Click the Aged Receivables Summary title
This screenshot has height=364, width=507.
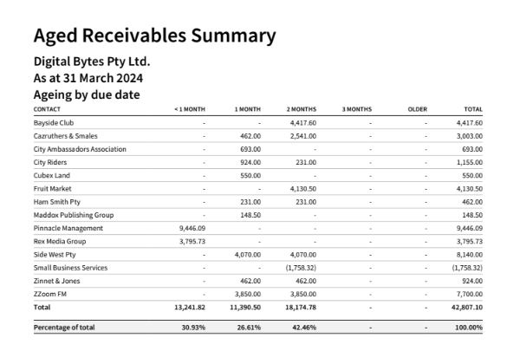pos(154,36)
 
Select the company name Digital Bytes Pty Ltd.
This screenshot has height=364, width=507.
pos(92,62)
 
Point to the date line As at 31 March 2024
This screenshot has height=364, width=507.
pos(88,78)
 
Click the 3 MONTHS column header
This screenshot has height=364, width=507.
pos(357,109)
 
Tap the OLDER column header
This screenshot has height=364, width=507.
pos(418,109)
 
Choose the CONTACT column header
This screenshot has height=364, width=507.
pos(47,109)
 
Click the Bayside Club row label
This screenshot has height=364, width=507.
pos(54,123)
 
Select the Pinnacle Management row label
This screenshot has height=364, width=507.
pos(68,228)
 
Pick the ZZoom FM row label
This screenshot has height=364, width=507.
pos(49,294)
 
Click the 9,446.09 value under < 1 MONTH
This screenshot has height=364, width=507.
pos(192,228)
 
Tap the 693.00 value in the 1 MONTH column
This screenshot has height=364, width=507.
pos(250,149)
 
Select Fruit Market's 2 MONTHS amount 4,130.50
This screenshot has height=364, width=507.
pos(303,189)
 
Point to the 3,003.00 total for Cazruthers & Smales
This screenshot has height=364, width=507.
pos(470,136)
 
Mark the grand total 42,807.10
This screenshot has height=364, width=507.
pos(467,307)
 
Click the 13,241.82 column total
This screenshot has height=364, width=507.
pos(190,307)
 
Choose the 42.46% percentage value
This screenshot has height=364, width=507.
pos(304,328)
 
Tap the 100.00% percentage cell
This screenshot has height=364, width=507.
pos(469,328)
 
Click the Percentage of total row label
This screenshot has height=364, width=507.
pos(64,328)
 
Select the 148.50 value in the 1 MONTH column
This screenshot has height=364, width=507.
pos(250,215)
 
